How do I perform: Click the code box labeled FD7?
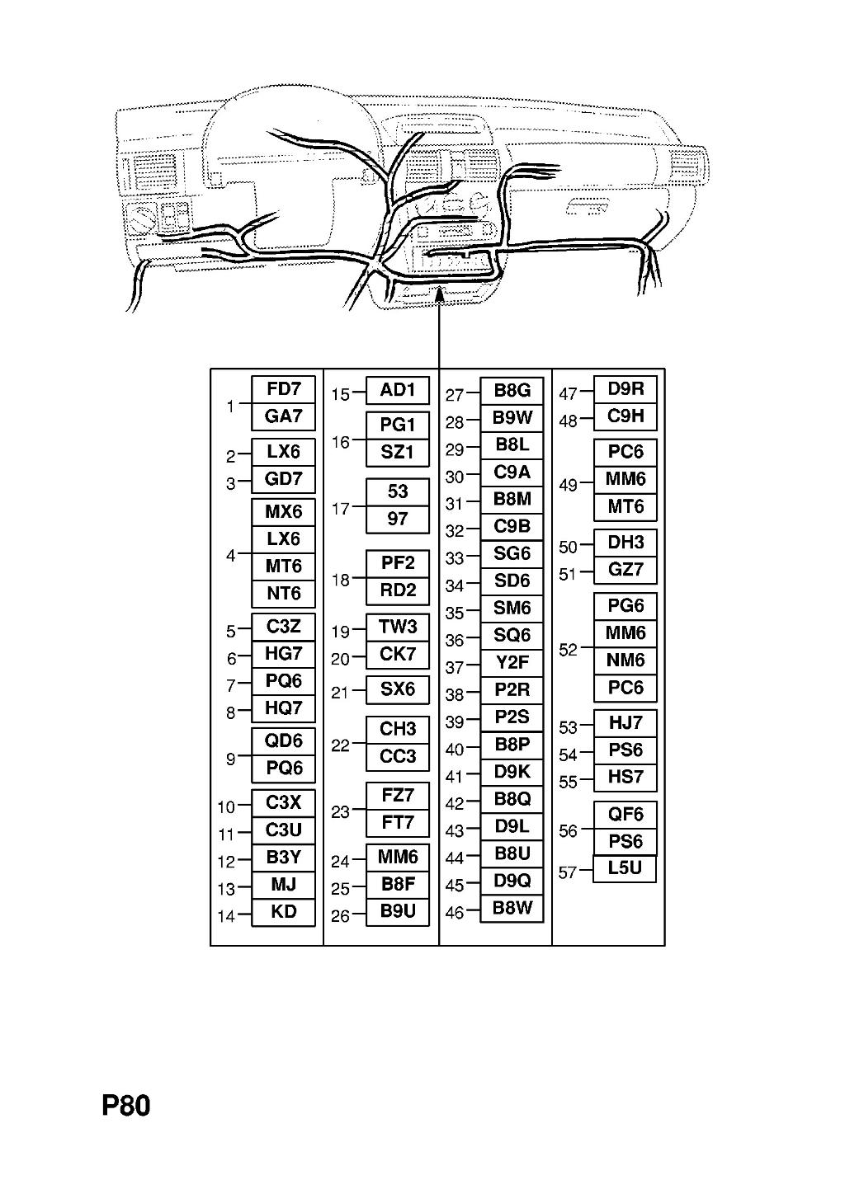tap(283, 390)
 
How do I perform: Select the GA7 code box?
tap(283, 417)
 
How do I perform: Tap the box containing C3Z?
tap(283, 627)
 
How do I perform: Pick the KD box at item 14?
tap(283, 912)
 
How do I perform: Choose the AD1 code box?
tap(398, 390)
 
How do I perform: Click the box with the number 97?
tap(398, 519)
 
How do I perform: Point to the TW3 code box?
tap(398, 627)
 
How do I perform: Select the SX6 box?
tap(398, 689)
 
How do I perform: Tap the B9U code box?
tap(398, 912)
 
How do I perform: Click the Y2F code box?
tap(512, 663)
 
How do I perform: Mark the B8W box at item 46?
tap(512, 909)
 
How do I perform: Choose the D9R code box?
tap(625, 390)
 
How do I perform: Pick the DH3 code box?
tap(625, 543)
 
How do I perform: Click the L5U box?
tap(624, 868)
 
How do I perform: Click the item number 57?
tap(568, 872)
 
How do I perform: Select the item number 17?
tap(340, 509)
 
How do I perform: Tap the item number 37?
tap(455, 667)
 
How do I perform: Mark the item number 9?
tap(230, 759)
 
